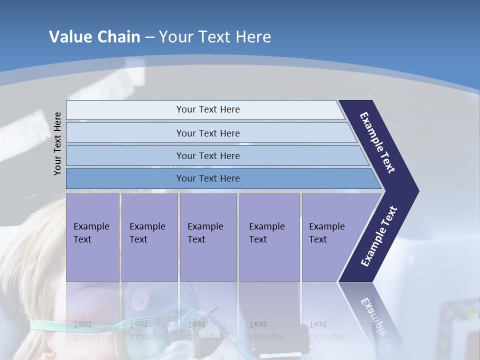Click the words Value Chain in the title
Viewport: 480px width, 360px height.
point(94,37)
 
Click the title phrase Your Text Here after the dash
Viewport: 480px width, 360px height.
point(215,37)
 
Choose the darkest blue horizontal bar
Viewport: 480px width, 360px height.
point(125,178)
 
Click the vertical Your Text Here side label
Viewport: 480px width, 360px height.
point(58,143)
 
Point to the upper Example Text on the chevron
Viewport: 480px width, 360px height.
point(377,142)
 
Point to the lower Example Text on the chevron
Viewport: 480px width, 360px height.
point(379,236)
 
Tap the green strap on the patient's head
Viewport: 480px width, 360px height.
point(50,325)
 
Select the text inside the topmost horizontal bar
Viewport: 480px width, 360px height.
point(208,109)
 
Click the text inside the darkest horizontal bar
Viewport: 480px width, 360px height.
point(208,178)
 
